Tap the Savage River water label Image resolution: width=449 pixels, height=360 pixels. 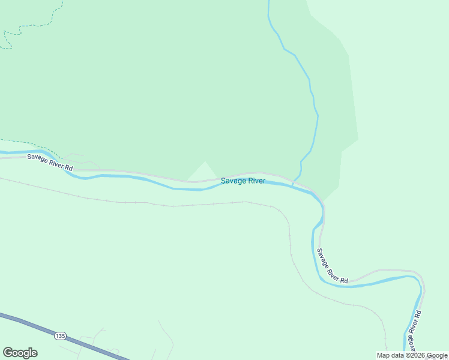coord(243,181)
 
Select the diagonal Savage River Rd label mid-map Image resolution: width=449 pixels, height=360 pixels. coord(332,266)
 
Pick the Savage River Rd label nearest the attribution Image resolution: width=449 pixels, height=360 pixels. coord(412,331)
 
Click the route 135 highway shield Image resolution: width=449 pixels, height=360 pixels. coord(59,336)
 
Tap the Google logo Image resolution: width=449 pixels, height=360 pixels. coord(20,353)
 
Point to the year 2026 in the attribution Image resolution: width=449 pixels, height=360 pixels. coord(418,355)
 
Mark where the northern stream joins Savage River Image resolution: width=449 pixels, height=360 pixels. coord(292,184)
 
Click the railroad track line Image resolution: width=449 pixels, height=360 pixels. coord(180,205)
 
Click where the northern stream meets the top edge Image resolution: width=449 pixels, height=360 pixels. coord(268,2)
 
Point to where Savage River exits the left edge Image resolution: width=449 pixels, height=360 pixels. coord(2,154)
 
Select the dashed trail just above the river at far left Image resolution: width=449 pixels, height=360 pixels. coord(30,144)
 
